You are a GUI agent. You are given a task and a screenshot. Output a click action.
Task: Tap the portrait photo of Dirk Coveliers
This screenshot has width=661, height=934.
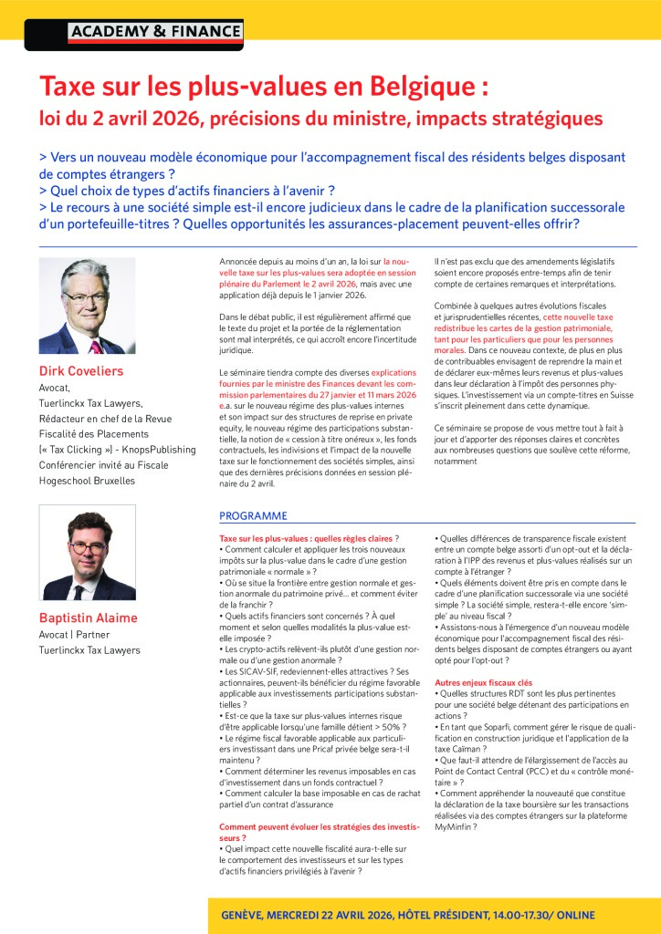tap(87, 306)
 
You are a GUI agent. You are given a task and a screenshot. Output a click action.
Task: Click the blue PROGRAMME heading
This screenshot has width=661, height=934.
tap(253, 515)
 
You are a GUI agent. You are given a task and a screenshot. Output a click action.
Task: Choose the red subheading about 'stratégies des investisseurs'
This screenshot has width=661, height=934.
tap(320, 832)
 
